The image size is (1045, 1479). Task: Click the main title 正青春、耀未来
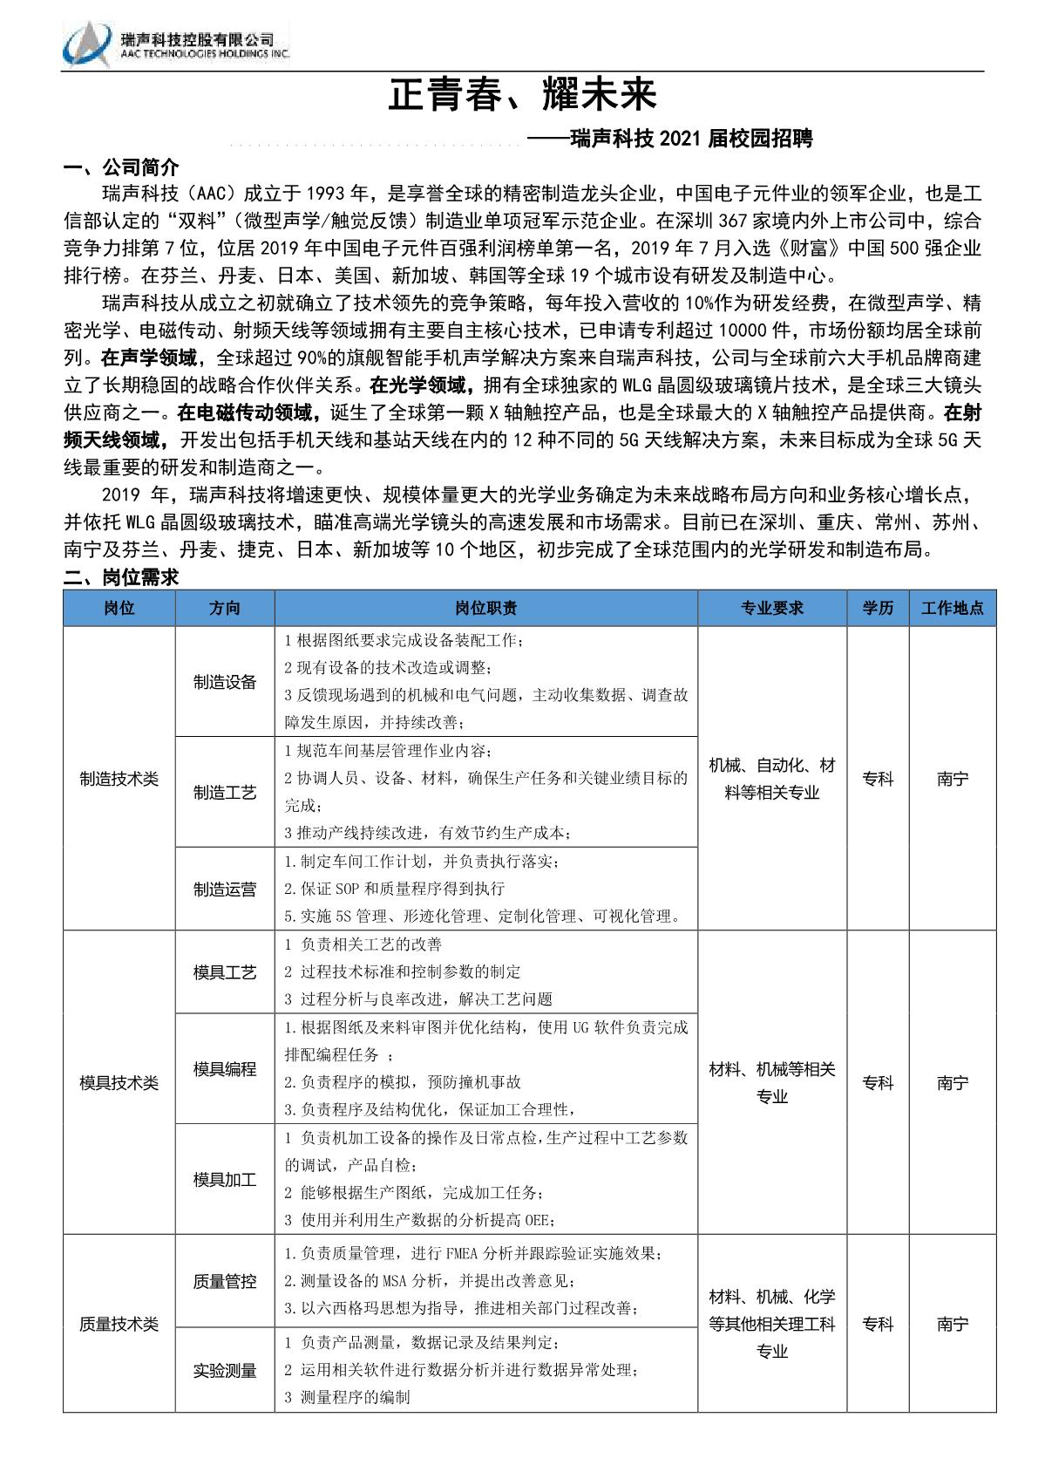tap(521, 94)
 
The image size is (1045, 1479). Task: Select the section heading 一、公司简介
tap(121, 167)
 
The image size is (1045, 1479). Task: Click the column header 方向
tap(225, 608)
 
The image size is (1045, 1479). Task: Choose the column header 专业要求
tap(771, 608)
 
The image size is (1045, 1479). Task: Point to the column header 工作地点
tap(952, 608)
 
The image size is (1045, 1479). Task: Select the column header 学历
tap(878, 608)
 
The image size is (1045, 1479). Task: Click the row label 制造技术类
tap(119, 779)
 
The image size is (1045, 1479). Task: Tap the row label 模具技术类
tap(119, 1083)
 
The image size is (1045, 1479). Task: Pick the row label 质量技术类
tap(119, 1324)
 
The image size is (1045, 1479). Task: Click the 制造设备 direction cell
tap(225, 682)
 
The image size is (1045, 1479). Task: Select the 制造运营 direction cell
tap(225, 889)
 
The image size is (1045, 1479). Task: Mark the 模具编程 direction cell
tap(225, 1069)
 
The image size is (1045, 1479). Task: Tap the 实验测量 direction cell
tap(225, 1371)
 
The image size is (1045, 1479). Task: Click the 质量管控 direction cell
tap(225, 1282)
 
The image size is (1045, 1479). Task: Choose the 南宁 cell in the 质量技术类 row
tap(952, 1324)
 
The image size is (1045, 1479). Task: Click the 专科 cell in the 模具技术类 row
tap(878, 1083)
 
